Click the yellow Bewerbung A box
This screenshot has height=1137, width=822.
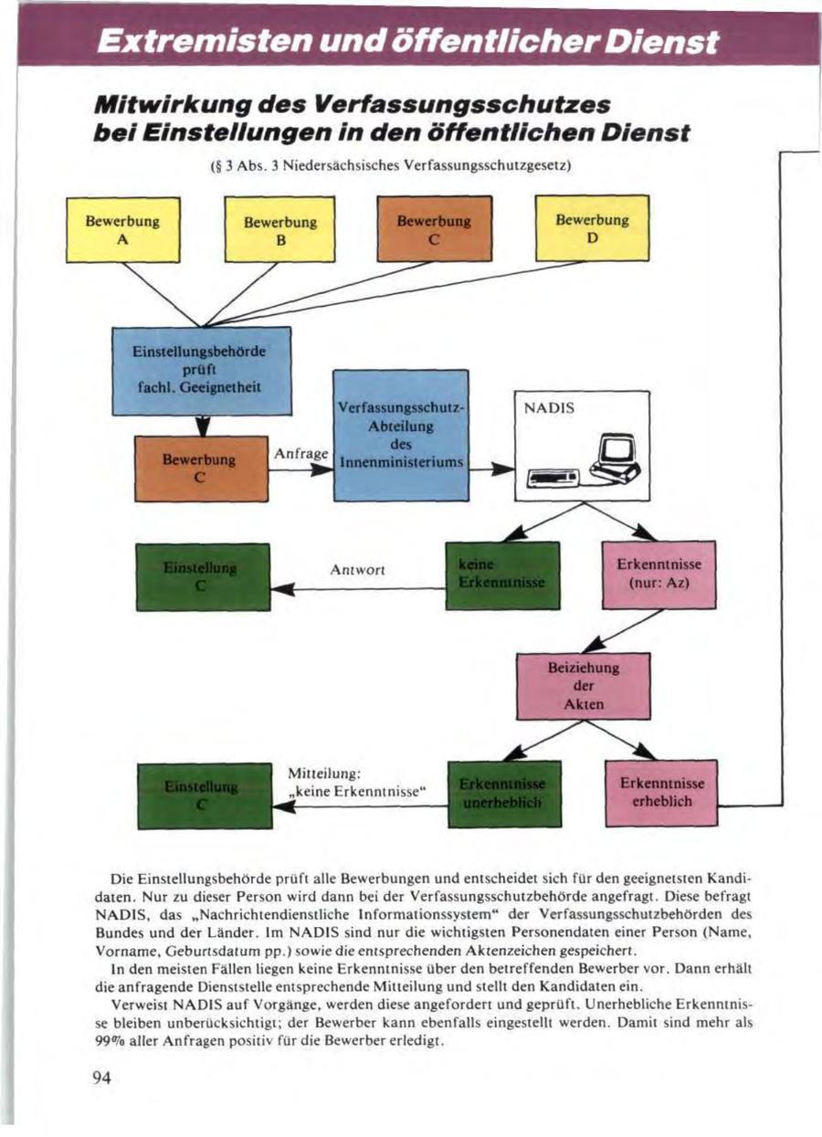(122, 229)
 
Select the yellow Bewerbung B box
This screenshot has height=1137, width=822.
(280, 230)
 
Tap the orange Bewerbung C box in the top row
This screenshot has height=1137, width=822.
(435, 229)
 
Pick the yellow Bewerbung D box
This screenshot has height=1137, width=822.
(592, 229)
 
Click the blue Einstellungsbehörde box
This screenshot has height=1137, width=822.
(201, 370)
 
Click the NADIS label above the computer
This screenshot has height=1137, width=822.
(550, 410)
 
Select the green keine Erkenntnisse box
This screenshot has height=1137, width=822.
(501, 575)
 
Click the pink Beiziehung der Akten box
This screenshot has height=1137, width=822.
(584, 686)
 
